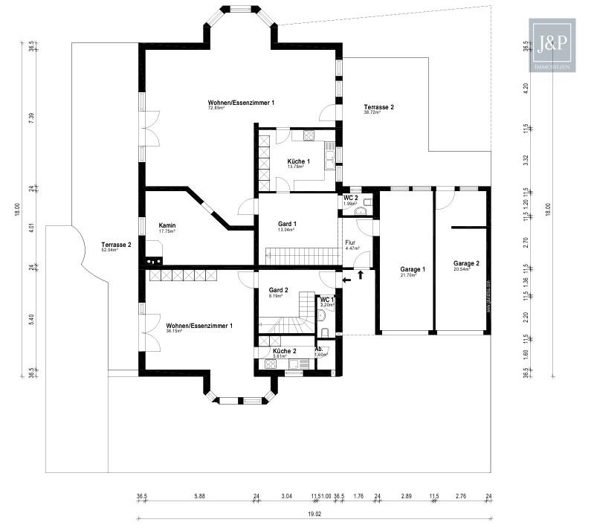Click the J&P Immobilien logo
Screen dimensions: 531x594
coord(550,45)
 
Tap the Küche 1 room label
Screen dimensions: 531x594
coord(299,161)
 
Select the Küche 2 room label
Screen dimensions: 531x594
coord(285,350)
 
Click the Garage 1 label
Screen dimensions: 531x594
coord(413,269)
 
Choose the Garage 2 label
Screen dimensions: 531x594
coord(466,263)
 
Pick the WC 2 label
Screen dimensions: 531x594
coord(350,197)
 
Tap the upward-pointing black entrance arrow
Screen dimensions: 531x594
coord(361,275)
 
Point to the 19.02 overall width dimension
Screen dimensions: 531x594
coord(313,512)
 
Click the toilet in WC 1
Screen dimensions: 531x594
coord(325,332)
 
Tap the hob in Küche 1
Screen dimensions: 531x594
coord(309,135)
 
